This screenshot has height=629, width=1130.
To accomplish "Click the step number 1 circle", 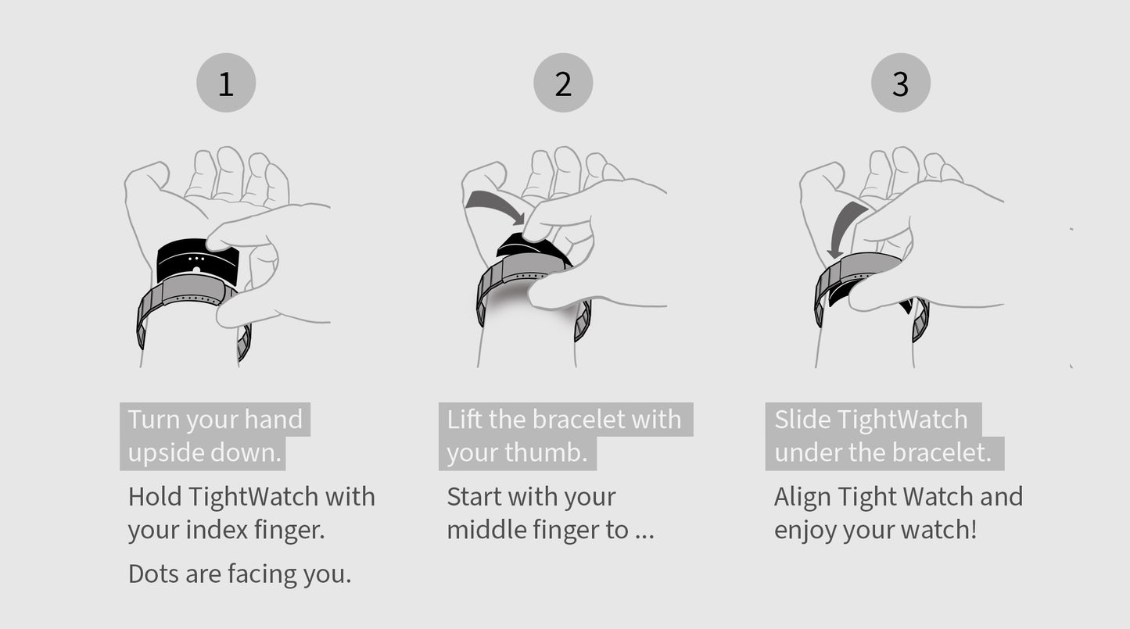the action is [226, 83].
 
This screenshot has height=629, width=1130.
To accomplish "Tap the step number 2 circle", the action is [563, 83].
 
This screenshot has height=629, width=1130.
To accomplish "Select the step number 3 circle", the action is [900, 83].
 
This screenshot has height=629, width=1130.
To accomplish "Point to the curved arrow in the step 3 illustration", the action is [842, 227].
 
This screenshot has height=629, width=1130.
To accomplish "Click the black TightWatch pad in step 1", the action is [197, 261].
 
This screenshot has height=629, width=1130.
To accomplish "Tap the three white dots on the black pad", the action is [196, 259].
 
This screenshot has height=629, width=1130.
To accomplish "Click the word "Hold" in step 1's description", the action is [154, 497].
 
